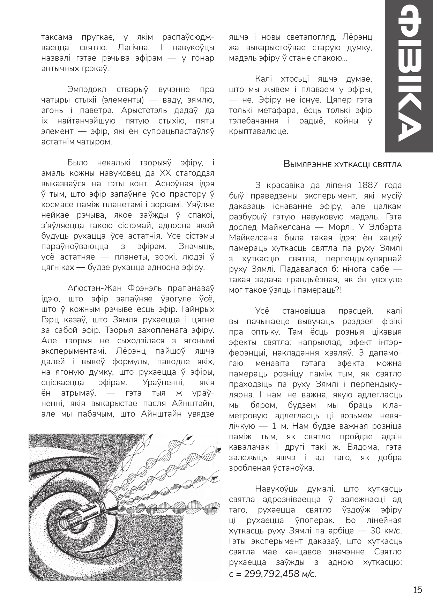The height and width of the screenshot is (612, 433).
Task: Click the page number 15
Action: (x=417, y=590)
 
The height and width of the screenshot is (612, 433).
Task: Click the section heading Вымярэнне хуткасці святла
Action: (x=343, y=164)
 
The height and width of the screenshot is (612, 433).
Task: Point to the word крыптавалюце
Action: (x=259, y=132)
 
